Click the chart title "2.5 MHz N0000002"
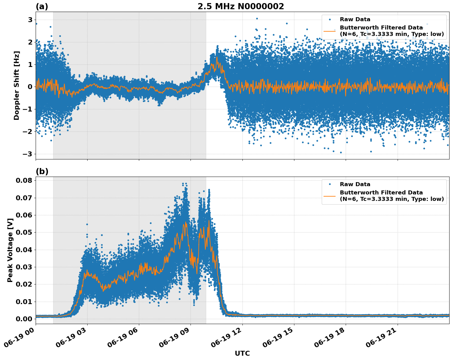pyautogui.click(x=241, y=6)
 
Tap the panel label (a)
pyautogui.click(x=42, y=6)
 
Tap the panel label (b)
pyautogui.click(x=42, y=171)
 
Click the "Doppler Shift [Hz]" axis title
pyautogui.click(x=17, y=85)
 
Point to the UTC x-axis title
pyautogui.click(x=242, y=353)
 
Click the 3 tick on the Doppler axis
pyautogui.click(x=30, y=20)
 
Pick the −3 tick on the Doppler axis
pyautogui.click(x=28, y=154)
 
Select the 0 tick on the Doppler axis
pyautogui.click(x=30, y=87)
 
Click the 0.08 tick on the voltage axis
pyautogui.click(x=24, y=180)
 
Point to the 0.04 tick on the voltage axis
pyautogui.click(x=24, y=250)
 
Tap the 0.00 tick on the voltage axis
pyautogui.click(x=24, y=319)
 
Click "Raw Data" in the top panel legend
pyautogui.click(x=355, y=19)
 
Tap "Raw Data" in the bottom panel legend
pyautogui.click(x=355, y=184)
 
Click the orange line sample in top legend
pyautogui.click(x=329, y=31)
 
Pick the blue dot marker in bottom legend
pyautogui.click(x=330, y=184)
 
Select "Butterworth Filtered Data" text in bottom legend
pyautogui.click(x=381, y=193)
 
